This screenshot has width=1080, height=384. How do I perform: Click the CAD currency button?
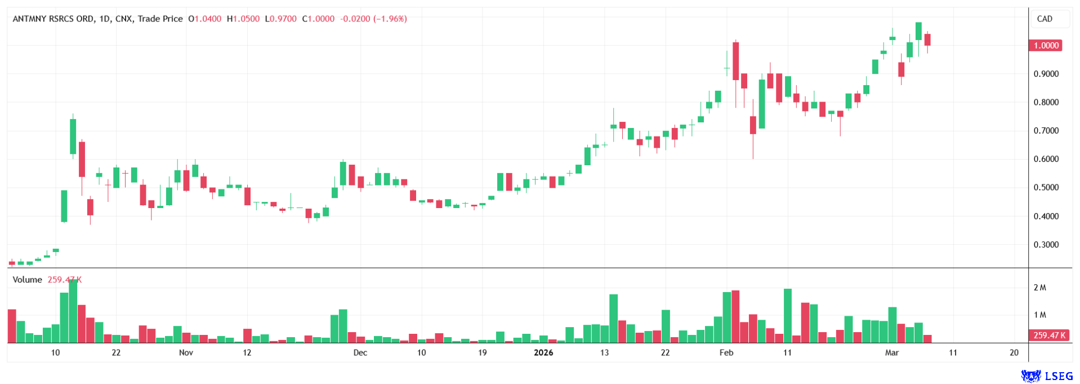pos(1045,19)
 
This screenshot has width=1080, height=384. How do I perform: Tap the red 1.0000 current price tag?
pos(1046,46)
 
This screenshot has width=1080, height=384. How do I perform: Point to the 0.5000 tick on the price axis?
pos(1046,187)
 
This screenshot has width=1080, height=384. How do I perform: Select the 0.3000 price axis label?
pos(1046,245)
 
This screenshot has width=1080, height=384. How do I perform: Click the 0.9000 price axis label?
pos(1046,74)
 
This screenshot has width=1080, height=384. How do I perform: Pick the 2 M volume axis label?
pos(1039,288)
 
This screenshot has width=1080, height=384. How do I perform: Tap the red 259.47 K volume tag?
pos(1049,335)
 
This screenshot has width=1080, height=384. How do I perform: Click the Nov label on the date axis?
pos(186,352)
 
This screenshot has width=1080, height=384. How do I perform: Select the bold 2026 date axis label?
pos(543,352)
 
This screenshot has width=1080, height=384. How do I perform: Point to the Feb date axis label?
pos(726,352)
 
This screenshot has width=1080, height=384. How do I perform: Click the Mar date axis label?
pos(892,352)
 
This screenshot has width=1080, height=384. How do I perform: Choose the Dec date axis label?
pos(360,352)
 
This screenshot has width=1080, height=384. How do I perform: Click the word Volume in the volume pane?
pos(28,280)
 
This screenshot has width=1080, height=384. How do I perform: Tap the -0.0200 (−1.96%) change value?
pos(373,19)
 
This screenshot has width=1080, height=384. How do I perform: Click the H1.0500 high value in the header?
pos(243,19)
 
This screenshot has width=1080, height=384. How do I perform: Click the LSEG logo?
pos(1047,376)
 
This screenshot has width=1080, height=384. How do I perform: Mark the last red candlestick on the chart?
pos(927,39)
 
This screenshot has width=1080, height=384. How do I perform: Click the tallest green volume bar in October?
pos(73,311)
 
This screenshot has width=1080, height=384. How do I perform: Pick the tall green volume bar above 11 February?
pos(788,316)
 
